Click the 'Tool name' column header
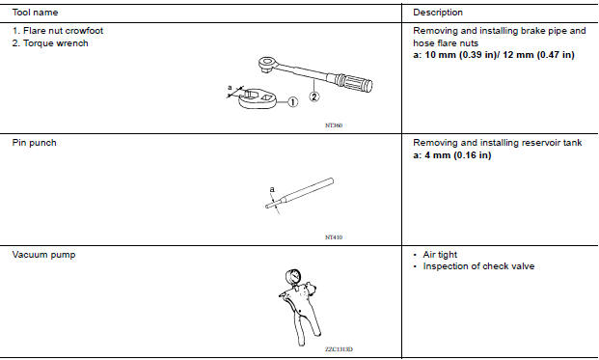pos(35,13)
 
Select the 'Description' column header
pos(438,13)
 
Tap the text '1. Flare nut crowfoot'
pos(58,31)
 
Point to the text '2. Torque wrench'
pos(50,43)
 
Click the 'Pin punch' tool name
pos(34,143)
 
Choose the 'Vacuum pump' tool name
pos(43,255)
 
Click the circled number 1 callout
pos(292,102)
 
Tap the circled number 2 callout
pos(314,97)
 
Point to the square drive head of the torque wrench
pos(267,64)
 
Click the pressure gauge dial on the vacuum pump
pos(293,277)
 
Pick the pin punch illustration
pos(299,193)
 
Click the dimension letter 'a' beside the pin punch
pos(272,189)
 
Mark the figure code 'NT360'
pos(334,125)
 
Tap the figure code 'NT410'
pos(334,237)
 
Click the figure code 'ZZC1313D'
pos(339,349)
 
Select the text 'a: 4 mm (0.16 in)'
pos(452,155)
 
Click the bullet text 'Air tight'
pos(440,255)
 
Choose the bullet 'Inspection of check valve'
pos(478,266)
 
